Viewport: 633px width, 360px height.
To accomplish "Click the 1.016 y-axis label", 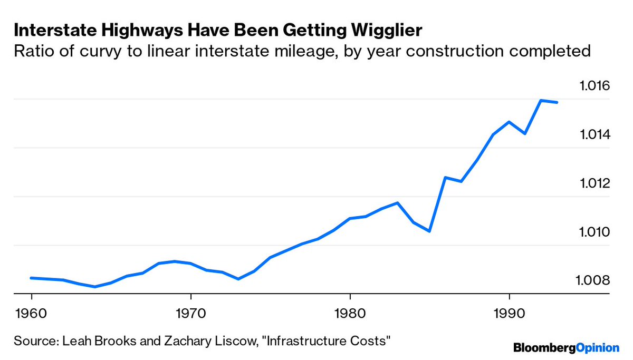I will [594, 86].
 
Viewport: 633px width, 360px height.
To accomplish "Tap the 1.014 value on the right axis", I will [594, 135].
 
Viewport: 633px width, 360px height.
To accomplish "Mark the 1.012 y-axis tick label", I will [594, 183].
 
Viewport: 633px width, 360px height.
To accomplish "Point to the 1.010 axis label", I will [594, 232].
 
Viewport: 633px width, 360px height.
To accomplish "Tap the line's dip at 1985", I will [430, 231].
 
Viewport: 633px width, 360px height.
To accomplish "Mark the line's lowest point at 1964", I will [95, 287].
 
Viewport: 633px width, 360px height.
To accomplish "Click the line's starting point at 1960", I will [31, 278].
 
